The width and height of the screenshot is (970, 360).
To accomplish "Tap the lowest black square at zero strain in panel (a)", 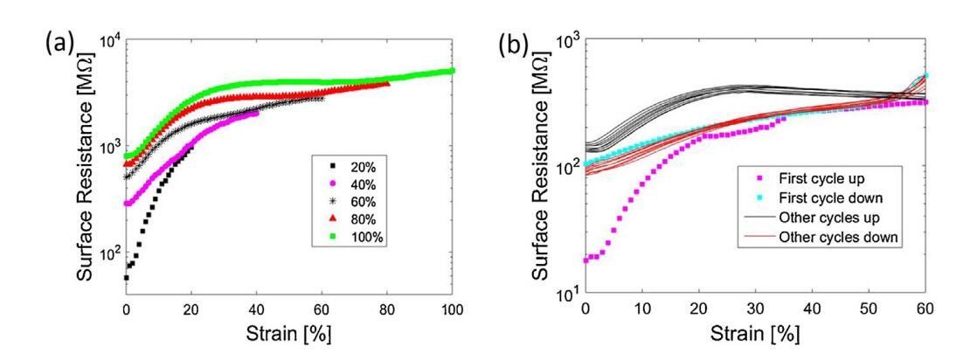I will (126, 278).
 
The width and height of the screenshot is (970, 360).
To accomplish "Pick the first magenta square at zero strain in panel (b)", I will (585, 260).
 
